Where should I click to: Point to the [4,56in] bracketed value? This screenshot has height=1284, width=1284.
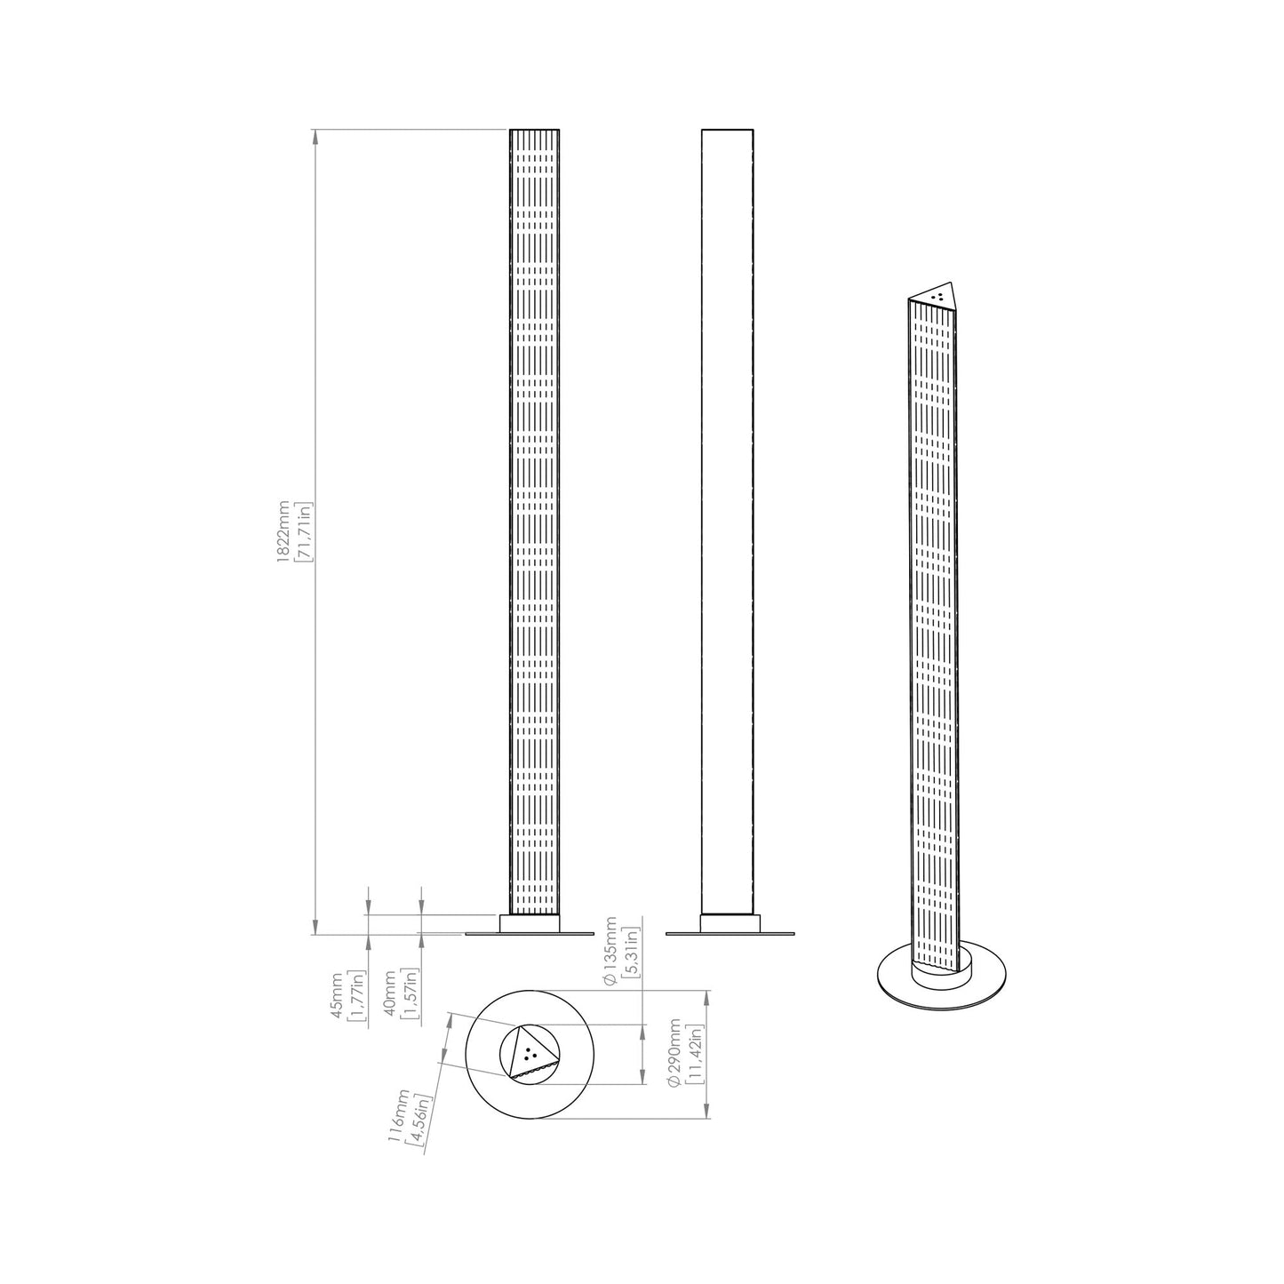419,1121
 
